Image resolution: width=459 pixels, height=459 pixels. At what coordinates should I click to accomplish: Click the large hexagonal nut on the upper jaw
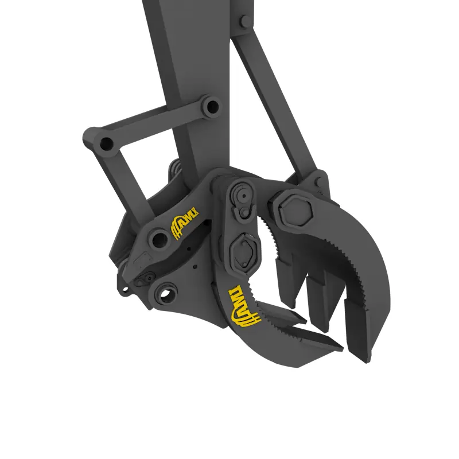[295, 209]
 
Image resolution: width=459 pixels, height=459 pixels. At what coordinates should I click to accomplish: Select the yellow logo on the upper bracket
[184, 224]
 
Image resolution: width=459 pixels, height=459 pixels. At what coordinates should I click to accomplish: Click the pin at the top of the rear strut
[244, 21]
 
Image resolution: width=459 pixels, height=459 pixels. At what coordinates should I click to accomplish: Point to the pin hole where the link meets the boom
[211, 107]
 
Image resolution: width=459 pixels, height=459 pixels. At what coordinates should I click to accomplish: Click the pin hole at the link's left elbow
[107, 144]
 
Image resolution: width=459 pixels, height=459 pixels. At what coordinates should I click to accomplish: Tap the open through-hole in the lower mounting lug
[166, 294]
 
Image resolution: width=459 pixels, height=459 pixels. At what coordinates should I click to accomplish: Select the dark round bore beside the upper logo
[159, 239]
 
